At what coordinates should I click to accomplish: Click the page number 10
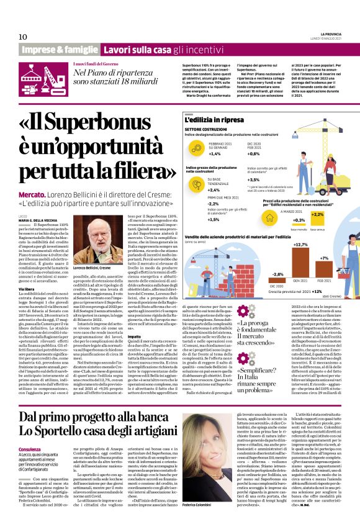tap(23, 37)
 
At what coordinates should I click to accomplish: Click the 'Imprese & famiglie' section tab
tap(60, 50)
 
